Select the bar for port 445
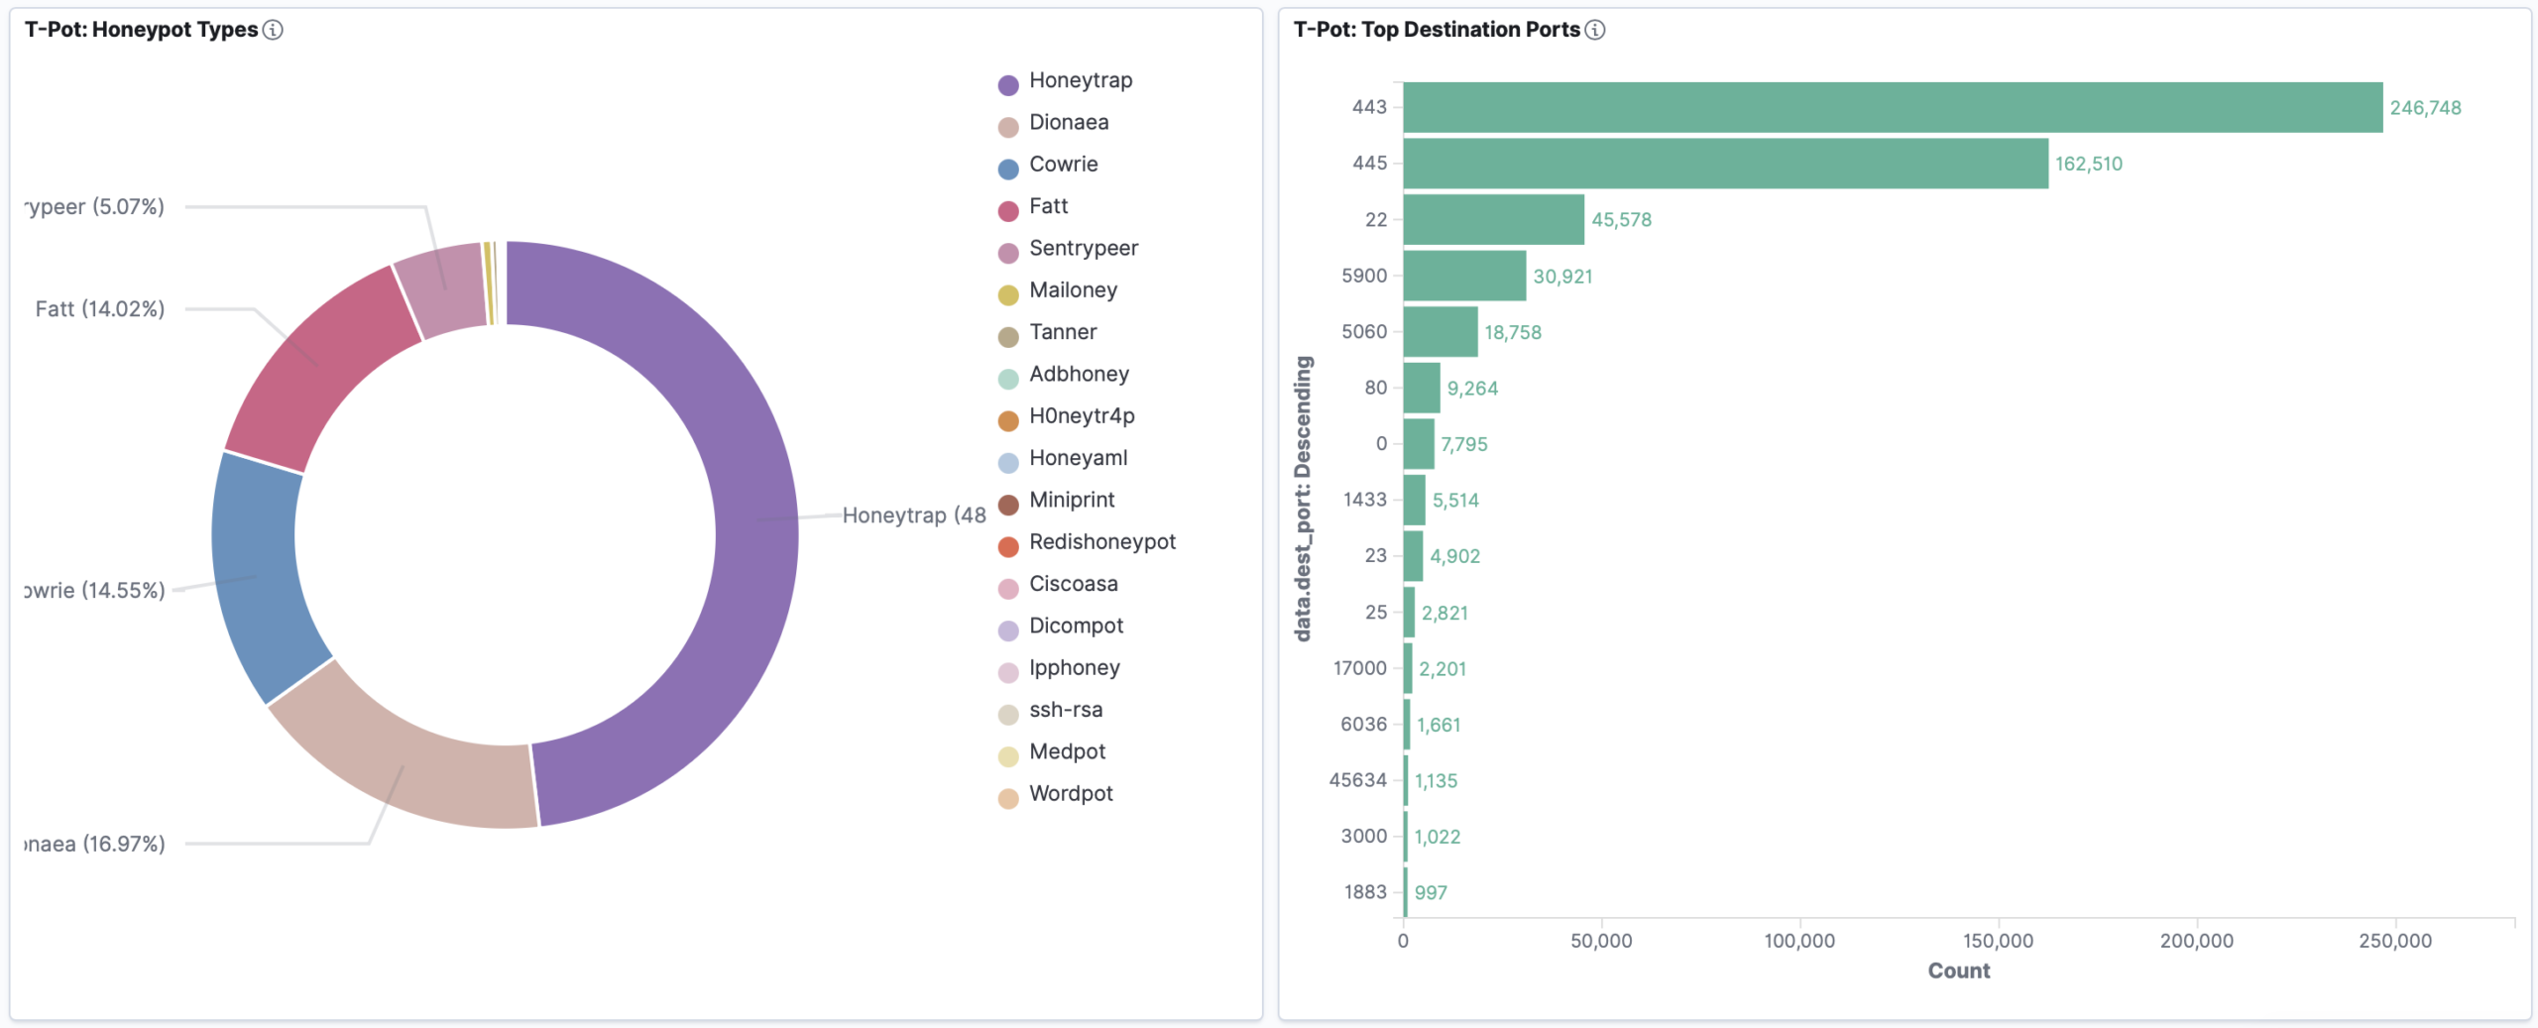[1725, 164]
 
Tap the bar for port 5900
[1464, 276]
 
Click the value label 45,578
[1621, 220]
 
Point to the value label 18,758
[1512, 332]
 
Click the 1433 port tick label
[1364, 500]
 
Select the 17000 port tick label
[1359, 668]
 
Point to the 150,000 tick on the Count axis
[1998, 941]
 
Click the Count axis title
[1958, 971]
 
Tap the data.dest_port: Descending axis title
[1303, 499]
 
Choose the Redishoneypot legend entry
[1101, 542]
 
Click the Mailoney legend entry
[1073, 290]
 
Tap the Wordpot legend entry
[1071, 794]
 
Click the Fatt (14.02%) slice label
[100, 309]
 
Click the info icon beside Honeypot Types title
[273, 30]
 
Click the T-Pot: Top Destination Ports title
[1436, 30]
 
